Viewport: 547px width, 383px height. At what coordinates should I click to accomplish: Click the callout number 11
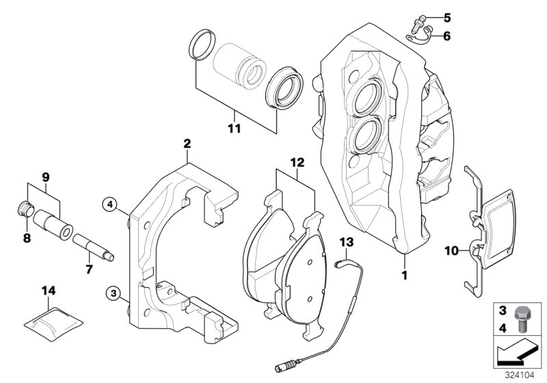click(235, 127)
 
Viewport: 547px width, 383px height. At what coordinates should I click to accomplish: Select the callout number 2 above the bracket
click(186, 144)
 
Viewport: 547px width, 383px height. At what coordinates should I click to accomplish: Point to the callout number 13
click(346, 242)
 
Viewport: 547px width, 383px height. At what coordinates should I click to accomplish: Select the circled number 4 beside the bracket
click(108, 202)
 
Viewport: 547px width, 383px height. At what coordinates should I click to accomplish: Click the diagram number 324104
click(522, 375)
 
